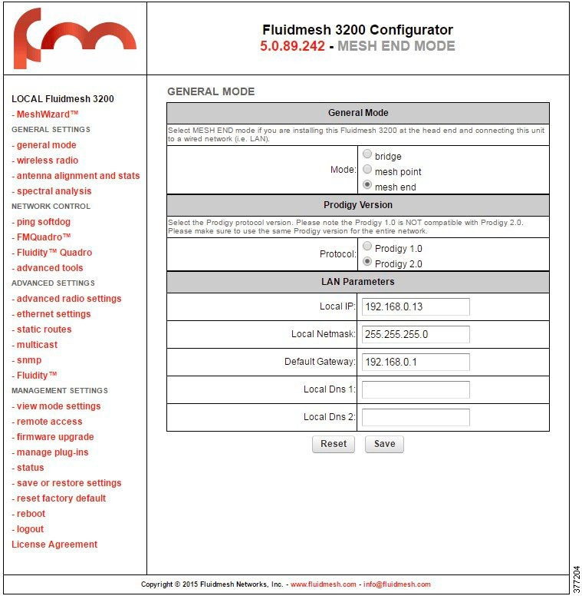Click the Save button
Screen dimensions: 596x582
(384, 444)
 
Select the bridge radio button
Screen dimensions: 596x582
(367, 154)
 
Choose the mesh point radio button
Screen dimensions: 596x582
(367, 170)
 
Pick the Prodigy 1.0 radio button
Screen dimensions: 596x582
(367, 247)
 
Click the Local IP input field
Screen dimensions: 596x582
(416, 306)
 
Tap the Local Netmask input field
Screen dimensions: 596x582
(416, 334)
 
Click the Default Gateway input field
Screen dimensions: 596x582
(416, 362)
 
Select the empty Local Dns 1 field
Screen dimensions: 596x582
(416, 389)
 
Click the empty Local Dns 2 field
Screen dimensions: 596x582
(416, 417)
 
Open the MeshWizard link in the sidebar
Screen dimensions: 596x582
(48, 114)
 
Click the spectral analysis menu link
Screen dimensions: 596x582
(54, 191)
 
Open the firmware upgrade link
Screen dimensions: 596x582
(55, 437)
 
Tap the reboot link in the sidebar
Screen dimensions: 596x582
(31, 514)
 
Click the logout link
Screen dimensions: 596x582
(30, 529)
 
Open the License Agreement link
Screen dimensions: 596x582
(54, 545)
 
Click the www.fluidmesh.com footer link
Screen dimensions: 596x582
(324, 584)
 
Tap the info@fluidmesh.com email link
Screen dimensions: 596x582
(396, 584)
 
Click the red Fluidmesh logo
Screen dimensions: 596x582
(74, 38)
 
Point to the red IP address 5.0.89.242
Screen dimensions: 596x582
(292, 46)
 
